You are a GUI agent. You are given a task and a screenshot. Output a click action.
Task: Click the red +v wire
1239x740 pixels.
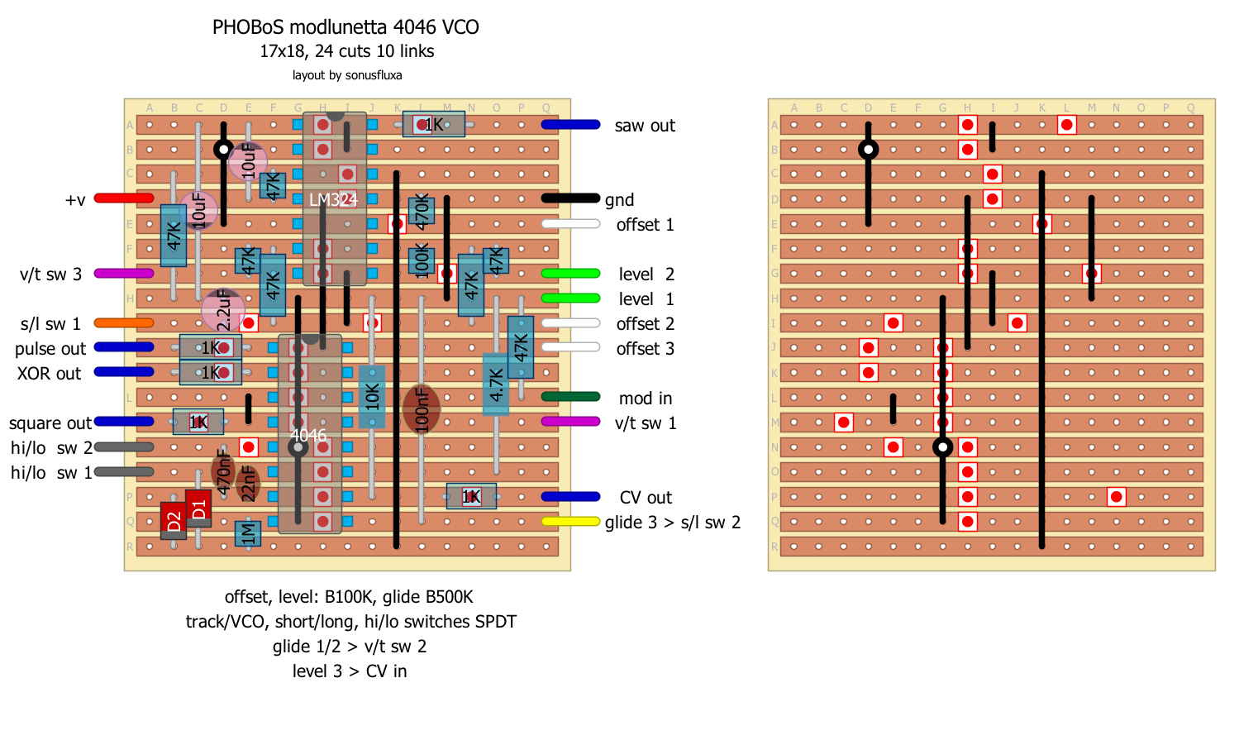click(124, 198)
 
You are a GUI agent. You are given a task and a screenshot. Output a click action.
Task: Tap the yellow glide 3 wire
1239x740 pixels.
click(570, 522)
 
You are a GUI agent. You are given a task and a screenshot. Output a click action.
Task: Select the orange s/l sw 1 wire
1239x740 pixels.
click(124, 323)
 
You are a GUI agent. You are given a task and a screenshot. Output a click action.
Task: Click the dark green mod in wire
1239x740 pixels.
click(570, 397)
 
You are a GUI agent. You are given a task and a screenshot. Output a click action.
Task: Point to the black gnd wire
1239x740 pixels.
click(570, 198)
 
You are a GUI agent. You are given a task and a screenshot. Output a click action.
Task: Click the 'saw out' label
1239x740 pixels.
click(645, 126)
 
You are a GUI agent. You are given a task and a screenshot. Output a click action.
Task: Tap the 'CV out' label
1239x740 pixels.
click(646, 498)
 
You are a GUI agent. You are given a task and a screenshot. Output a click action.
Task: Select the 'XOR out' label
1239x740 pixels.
click(50, 374)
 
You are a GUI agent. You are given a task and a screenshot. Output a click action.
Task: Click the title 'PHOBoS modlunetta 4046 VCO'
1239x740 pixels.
click(345, 27)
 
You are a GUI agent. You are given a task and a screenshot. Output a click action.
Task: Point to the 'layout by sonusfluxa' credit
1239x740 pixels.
click(347, 75)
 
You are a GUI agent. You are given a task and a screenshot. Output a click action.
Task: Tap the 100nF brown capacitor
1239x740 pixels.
click(422, 408)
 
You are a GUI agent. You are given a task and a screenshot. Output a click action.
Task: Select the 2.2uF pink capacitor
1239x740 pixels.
click(223, 310)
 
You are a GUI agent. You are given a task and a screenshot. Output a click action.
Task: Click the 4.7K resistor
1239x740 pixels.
click(496, 384)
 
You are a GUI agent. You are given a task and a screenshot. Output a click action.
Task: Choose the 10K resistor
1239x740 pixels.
click(372, 397)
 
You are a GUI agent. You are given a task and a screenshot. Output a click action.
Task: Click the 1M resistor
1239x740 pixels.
click(248, 533)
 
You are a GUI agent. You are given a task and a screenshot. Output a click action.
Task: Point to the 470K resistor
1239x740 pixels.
click(422, 212)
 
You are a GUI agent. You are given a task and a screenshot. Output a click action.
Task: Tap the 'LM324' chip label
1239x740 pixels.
click(333, 200)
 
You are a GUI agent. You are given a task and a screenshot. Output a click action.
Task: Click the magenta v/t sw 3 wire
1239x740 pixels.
click(124, 274)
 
